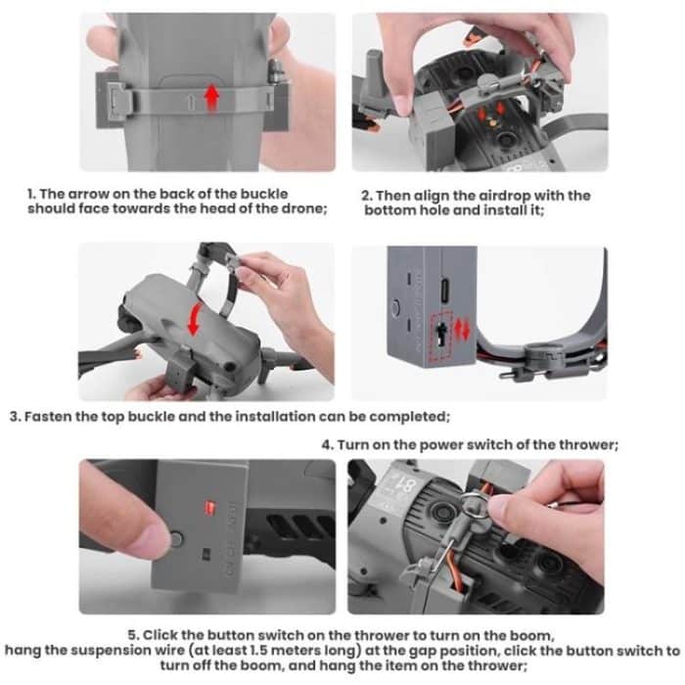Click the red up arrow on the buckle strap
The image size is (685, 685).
(210, 98)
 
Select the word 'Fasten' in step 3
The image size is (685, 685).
(50, 417)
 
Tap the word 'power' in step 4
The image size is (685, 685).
(442, 444)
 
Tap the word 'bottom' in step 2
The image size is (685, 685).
(389, 210)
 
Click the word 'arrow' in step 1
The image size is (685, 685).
(91, 195)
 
